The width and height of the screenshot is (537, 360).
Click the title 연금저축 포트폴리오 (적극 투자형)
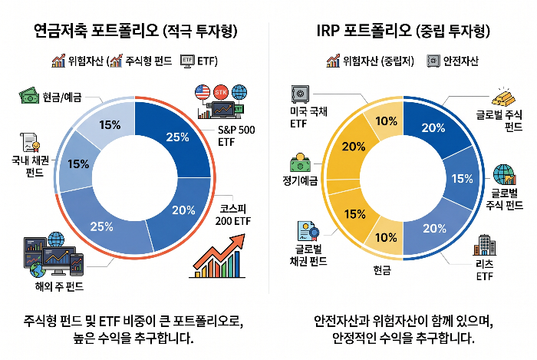[x=135, y=31]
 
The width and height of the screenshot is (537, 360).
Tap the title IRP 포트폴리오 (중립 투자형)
[x=402, y=31]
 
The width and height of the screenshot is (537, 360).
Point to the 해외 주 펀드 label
[x=53, y=287]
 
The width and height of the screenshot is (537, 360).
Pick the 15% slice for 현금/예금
[x=109, y=125]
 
